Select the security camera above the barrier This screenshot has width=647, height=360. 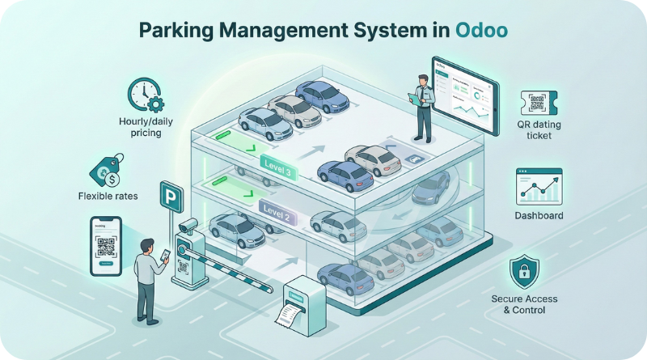tap(188, 224)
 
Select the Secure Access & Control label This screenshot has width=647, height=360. tap(524, 305)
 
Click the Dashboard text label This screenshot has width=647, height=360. tap(539, 216)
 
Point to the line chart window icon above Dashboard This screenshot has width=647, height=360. tap(539, 186)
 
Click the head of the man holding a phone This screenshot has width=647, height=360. tap(146, 245)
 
